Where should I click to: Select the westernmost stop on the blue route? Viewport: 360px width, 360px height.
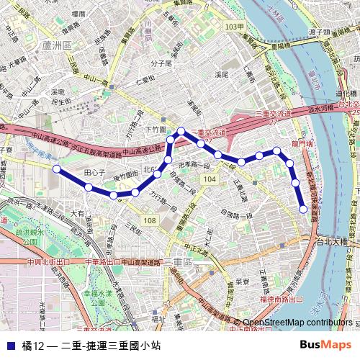56,168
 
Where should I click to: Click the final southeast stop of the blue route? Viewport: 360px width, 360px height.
303,210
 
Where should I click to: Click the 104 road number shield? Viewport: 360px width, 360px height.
209,179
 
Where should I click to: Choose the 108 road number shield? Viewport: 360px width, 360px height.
149,220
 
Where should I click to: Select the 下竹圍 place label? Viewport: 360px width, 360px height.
156,129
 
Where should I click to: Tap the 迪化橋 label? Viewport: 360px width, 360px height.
346,94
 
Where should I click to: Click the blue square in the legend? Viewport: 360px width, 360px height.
9,345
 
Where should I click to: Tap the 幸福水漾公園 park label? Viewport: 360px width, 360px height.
96,295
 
